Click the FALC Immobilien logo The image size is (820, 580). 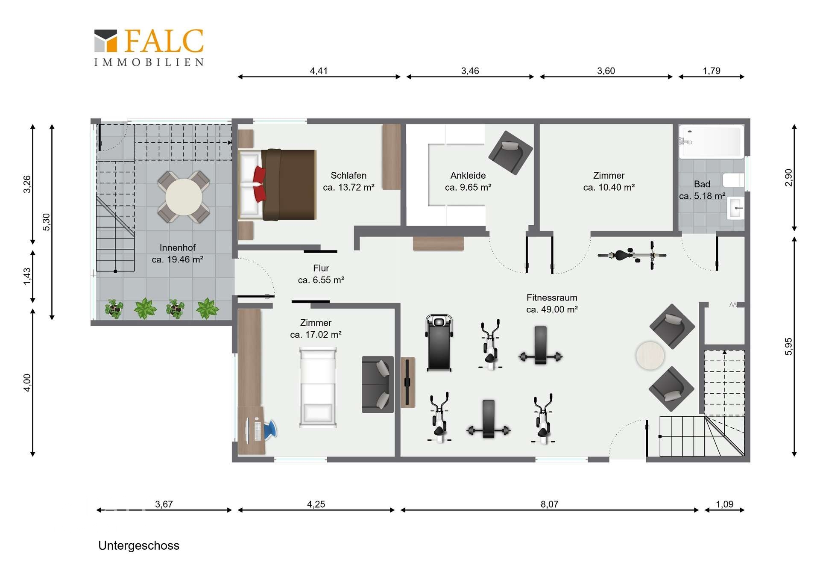(149, 47)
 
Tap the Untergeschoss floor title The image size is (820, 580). (139, 546)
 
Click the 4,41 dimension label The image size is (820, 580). (319, 71)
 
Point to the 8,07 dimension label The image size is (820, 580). (549, 504)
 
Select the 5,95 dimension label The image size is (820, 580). (788, 347)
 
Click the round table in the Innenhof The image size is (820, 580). (184, 197)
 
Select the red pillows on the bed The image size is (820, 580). (259, 184)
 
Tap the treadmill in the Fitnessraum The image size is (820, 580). (439, 343)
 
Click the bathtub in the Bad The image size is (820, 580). (711, 142)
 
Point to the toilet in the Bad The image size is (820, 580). (733, 180)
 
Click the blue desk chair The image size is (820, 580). (271, 429)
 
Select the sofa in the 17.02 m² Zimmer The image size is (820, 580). (378, 384)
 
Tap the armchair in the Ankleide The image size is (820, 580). (511, 153)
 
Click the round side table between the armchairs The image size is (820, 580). (650, 356)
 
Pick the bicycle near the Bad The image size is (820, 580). (632, 255)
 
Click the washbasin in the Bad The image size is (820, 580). (736, 208)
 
